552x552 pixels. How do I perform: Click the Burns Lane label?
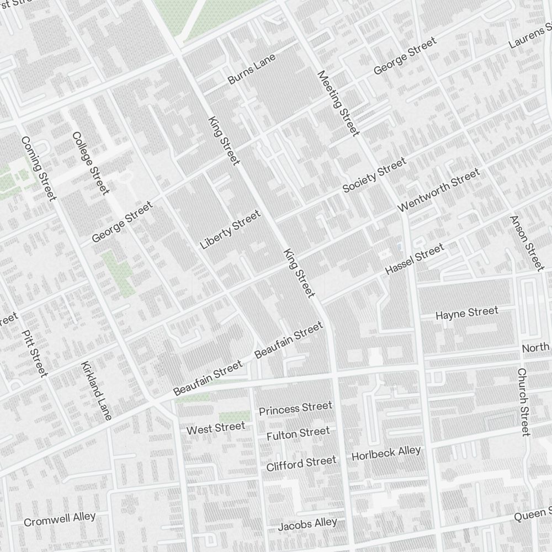[x=251, y=69]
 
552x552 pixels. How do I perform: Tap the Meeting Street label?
[x=338, y=103]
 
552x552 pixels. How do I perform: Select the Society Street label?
[x=374, y=176]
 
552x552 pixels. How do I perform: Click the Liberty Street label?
[x=230, y=229]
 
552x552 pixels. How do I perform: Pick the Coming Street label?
[x=39, y=168]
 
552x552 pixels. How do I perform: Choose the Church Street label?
[x=523, y=402]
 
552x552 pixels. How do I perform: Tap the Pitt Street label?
[x=35, y=353]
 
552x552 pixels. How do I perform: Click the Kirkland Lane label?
[x=96, y=390]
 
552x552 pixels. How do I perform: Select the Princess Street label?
[x=295, y=408]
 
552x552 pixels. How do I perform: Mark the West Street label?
[x=215, y=428]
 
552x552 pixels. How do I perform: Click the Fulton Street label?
[x=298, y=434]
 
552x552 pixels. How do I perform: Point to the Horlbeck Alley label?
[x=386, y=453]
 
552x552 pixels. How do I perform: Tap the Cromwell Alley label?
[x=60, y=519]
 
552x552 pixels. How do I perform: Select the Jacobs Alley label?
[x=307, y=524]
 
